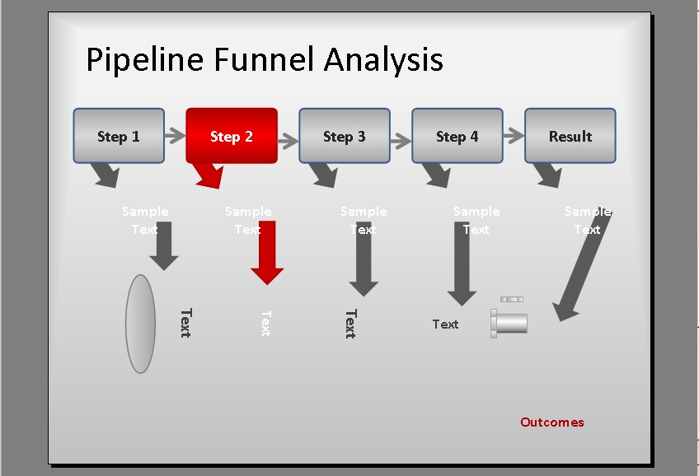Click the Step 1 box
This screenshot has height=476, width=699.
(x=118, y=136)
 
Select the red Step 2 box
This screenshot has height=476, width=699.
(x=231, y=136)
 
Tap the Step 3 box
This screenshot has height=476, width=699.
(x=344, y=136)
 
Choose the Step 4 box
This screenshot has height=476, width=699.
(x=457, y=136)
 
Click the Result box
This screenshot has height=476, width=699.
(x=570, y=136)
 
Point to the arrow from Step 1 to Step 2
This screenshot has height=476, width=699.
(x=175, y=136)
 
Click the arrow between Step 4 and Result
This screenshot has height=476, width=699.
(x=514, y=136)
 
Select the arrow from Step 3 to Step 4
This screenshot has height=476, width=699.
(x=401, y=139)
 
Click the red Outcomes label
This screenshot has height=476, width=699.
(x=551, y=422)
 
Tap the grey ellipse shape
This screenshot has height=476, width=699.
(x=141, y=324)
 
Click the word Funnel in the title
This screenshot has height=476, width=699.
(x=265, y=60)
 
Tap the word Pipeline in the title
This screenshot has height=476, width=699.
(x=144, y=60)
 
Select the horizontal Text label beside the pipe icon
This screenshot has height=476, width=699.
(x=445, y=324)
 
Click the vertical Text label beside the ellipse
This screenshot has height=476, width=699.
(x=185, y=323)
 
